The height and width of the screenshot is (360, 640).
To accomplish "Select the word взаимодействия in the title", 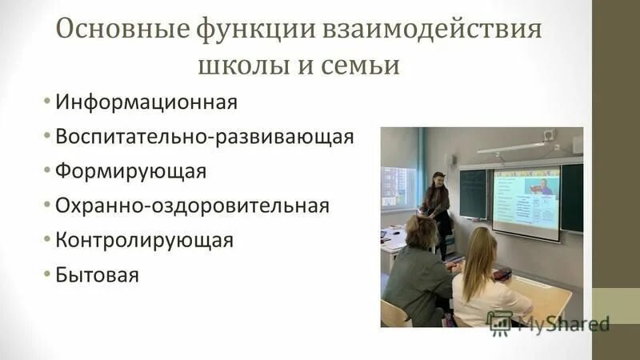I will (432, 32).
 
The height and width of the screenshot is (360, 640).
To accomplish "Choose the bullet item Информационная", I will (146, 102).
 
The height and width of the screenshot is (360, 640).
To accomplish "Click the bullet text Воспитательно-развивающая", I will (204, 137).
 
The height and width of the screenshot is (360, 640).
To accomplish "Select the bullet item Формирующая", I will (131, 171).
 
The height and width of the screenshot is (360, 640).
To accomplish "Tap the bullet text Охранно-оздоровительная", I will (192, 206).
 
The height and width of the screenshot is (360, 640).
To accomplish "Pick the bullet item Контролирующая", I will (144, 240).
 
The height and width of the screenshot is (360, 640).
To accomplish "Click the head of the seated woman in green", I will (421, 231).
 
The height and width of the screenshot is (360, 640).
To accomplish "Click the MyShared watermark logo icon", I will (500, 322).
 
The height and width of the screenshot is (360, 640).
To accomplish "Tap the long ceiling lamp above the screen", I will (511, 147).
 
